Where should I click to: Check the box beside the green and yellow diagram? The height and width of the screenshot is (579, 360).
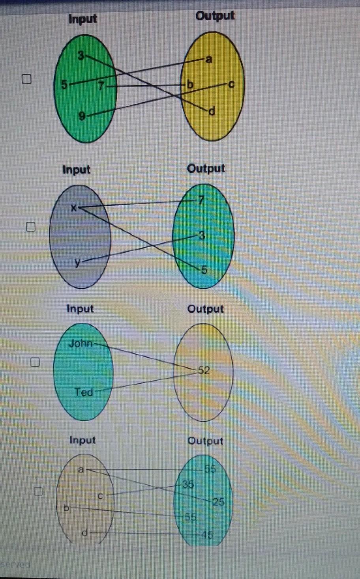tap(26, 79)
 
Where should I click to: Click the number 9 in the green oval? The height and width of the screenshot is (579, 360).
tap(82, 116)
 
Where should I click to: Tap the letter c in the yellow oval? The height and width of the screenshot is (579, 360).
tap(231, 84)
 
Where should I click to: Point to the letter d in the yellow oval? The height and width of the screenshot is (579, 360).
tap(212, 112)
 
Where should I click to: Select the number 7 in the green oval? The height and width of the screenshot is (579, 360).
tap(101, 86)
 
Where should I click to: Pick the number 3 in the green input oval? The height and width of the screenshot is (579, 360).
tap(81, 56)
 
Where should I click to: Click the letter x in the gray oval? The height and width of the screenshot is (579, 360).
tap(73, 207)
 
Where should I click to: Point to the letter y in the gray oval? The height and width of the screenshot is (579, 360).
tap(78, 262)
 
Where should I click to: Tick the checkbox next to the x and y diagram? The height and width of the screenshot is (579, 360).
tap(31, 226)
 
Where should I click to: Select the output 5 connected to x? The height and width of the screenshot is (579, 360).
tap(204, 270)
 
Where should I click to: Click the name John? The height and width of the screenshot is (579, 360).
tap(81, 344)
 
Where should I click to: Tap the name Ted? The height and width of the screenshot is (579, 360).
tap(84, 392)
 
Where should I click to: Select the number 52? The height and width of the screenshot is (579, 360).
tap(204, 370)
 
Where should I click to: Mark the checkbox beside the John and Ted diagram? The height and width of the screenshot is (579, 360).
tap(36, 362)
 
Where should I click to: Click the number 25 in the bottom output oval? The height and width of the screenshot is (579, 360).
tap(218, 502)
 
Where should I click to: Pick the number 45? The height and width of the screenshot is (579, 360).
tap(207, 534)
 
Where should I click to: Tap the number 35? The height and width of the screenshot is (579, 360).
tap(188, 484)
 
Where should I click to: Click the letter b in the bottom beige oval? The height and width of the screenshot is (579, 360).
tap(66, 508)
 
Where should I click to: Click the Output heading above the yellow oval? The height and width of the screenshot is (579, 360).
tap(215, 16)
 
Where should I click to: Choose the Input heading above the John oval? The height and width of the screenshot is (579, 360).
tap(80, 308)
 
